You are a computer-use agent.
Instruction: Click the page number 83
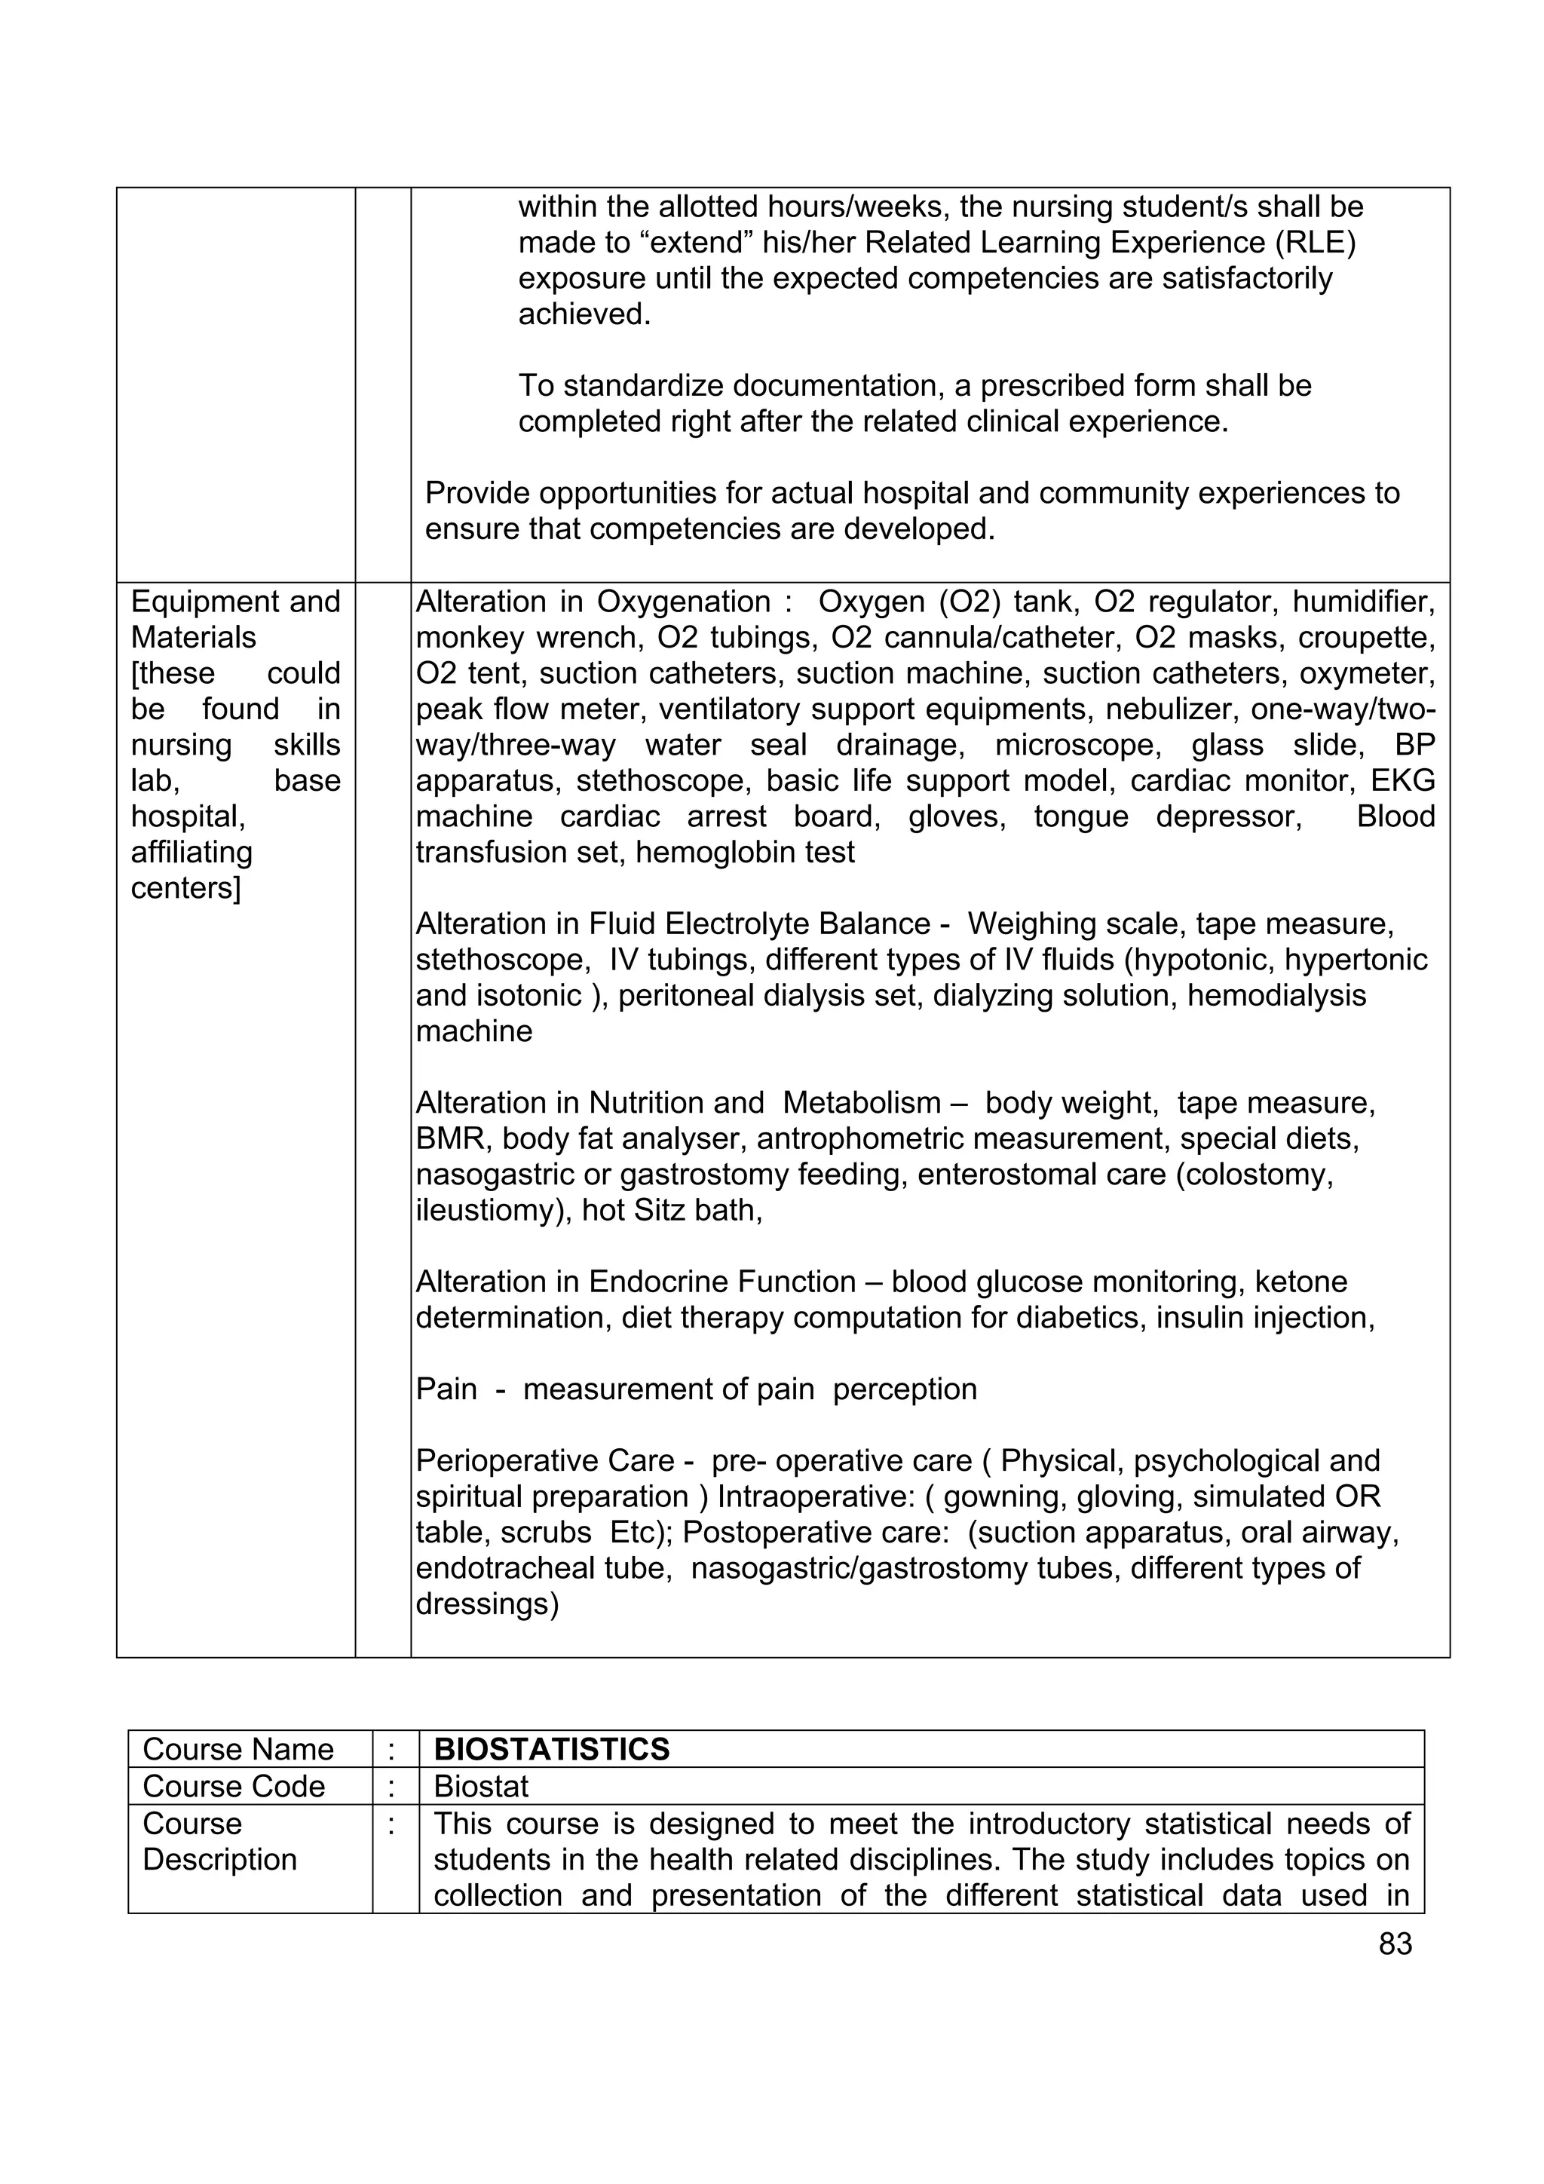click(1395, 1944)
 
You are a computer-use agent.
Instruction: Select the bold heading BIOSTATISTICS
click(551, 1749)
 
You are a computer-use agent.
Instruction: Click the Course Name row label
click(237, 1749)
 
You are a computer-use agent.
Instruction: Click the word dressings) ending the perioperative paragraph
click(487, 1605)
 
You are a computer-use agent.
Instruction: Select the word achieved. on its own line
click(584, 314)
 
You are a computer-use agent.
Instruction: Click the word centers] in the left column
click(185, 888)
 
